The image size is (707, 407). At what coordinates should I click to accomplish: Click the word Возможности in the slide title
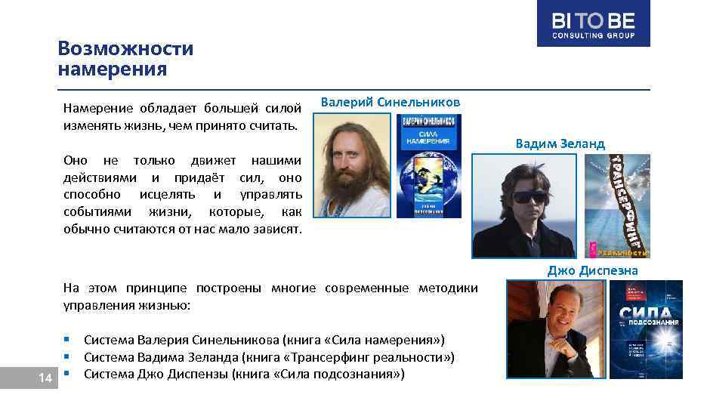(125, 49)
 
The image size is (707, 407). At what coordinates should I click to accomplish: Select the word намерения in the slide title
(112, 69)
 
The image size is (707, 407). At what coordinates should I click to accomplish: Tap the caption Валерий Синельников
(390, 102)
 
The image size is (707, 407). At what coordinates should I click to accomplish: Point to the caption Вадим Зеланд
(560, 143)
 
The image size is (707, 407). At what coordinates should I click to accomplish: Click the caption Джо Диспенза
(592, 270)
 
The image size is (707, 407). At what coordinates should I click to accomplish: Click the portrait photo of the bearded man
(352, 166)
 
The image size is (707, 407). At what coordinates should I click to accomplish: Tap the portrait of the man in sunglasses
(524, 205)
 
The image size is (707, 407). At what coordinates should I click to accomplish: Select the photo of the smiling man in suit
(555, 328)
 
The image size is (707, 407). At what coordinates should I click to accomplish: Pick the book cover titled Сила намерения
(428, 166)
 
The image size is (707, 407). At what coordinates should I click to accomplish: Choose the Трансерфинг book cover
(618, 205)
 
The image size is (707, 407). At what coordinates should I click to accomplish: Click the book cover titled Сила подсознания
(646, 328)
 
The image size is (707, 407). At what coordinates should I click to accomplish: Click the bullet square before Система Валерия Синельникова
(68, 339)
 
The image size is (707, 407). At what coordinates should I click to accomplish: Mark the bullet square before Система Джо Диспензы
(68, 374)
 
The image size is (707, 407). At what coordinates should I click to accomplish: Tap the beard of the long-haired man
(351, 193)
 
